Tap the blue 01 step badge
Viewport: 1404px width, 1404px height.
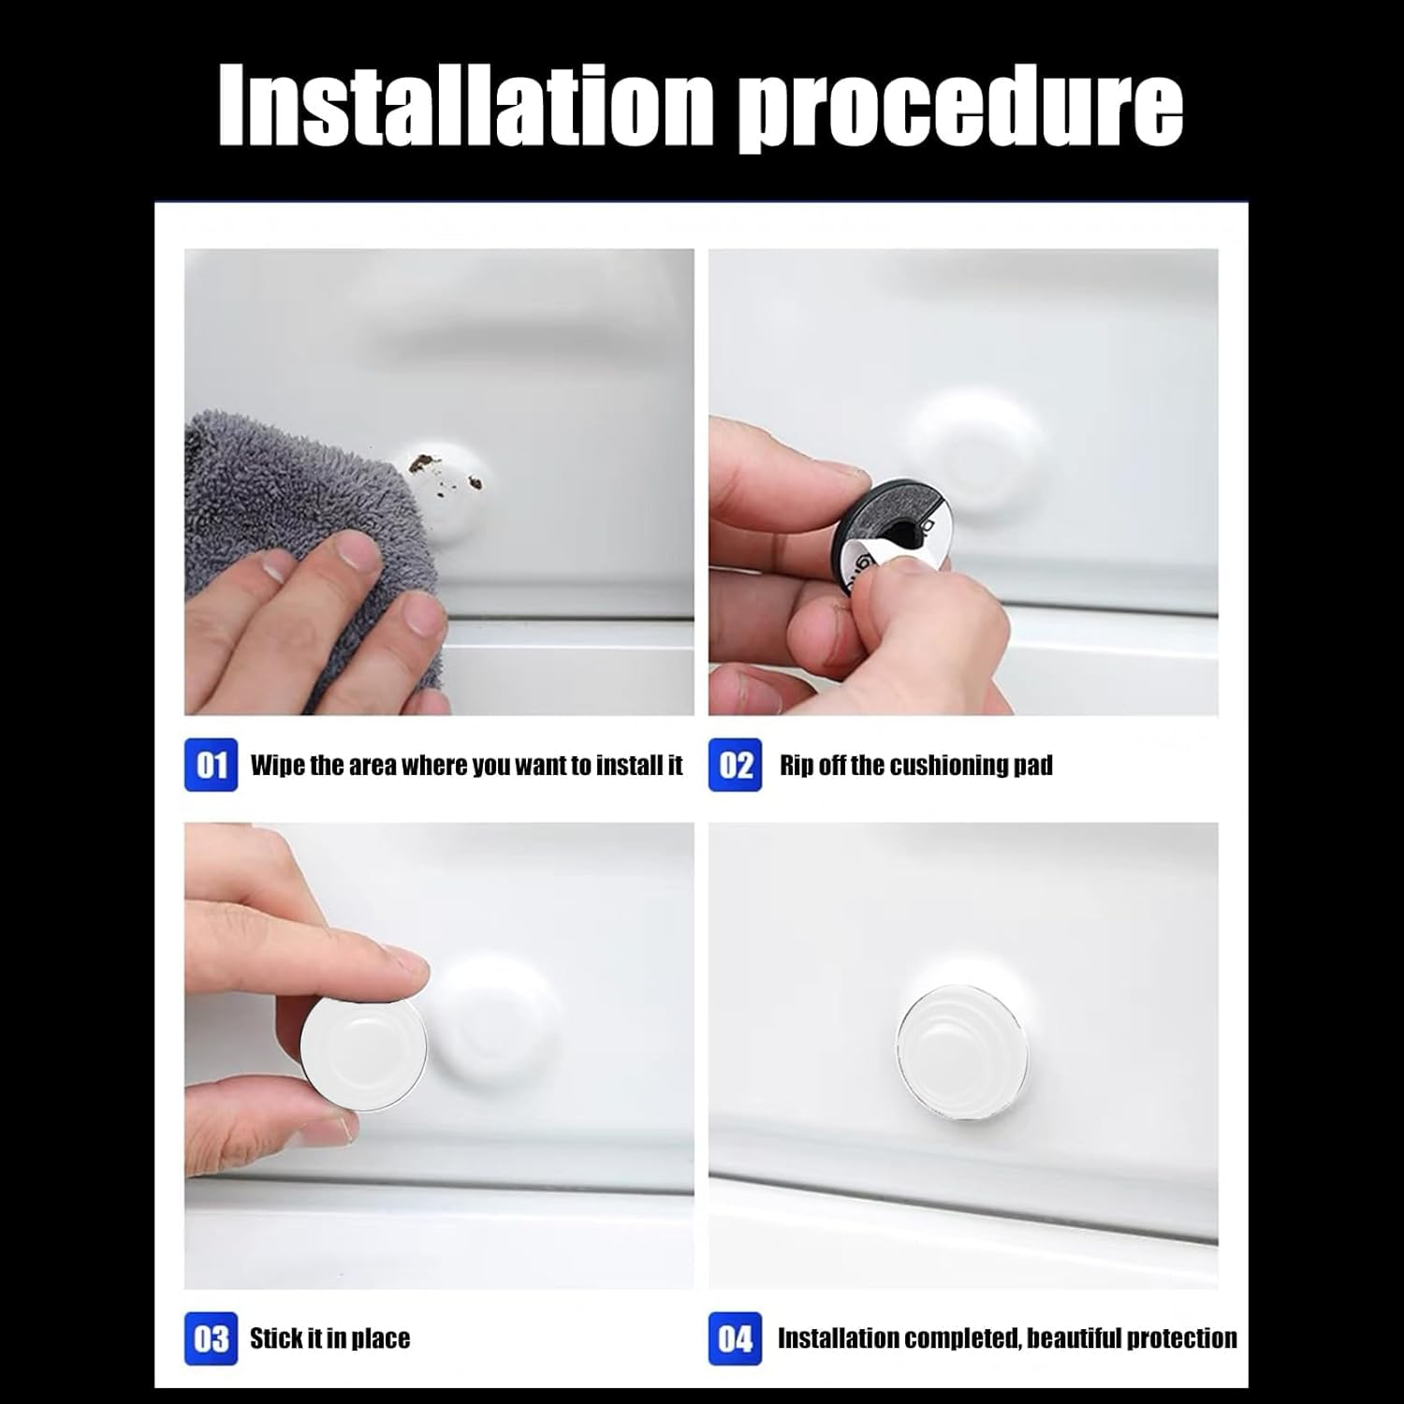click(x=212, y=766)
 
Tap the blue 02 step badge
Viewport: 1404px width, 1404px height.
click(x=735, y=766)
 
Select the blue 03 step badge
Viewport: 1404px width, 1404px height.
click(x=212, y=1338)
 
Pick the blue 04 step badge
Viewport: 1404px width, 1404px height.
click(x=735, y=1338)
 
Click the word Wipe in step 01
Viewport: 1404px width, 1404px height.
click(x=277, y=766)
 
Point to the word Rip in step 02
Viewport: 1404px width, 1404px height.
click(x=796, y=766)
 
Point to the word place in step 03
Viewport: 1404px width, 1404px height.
click(x=380, y=1338)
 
